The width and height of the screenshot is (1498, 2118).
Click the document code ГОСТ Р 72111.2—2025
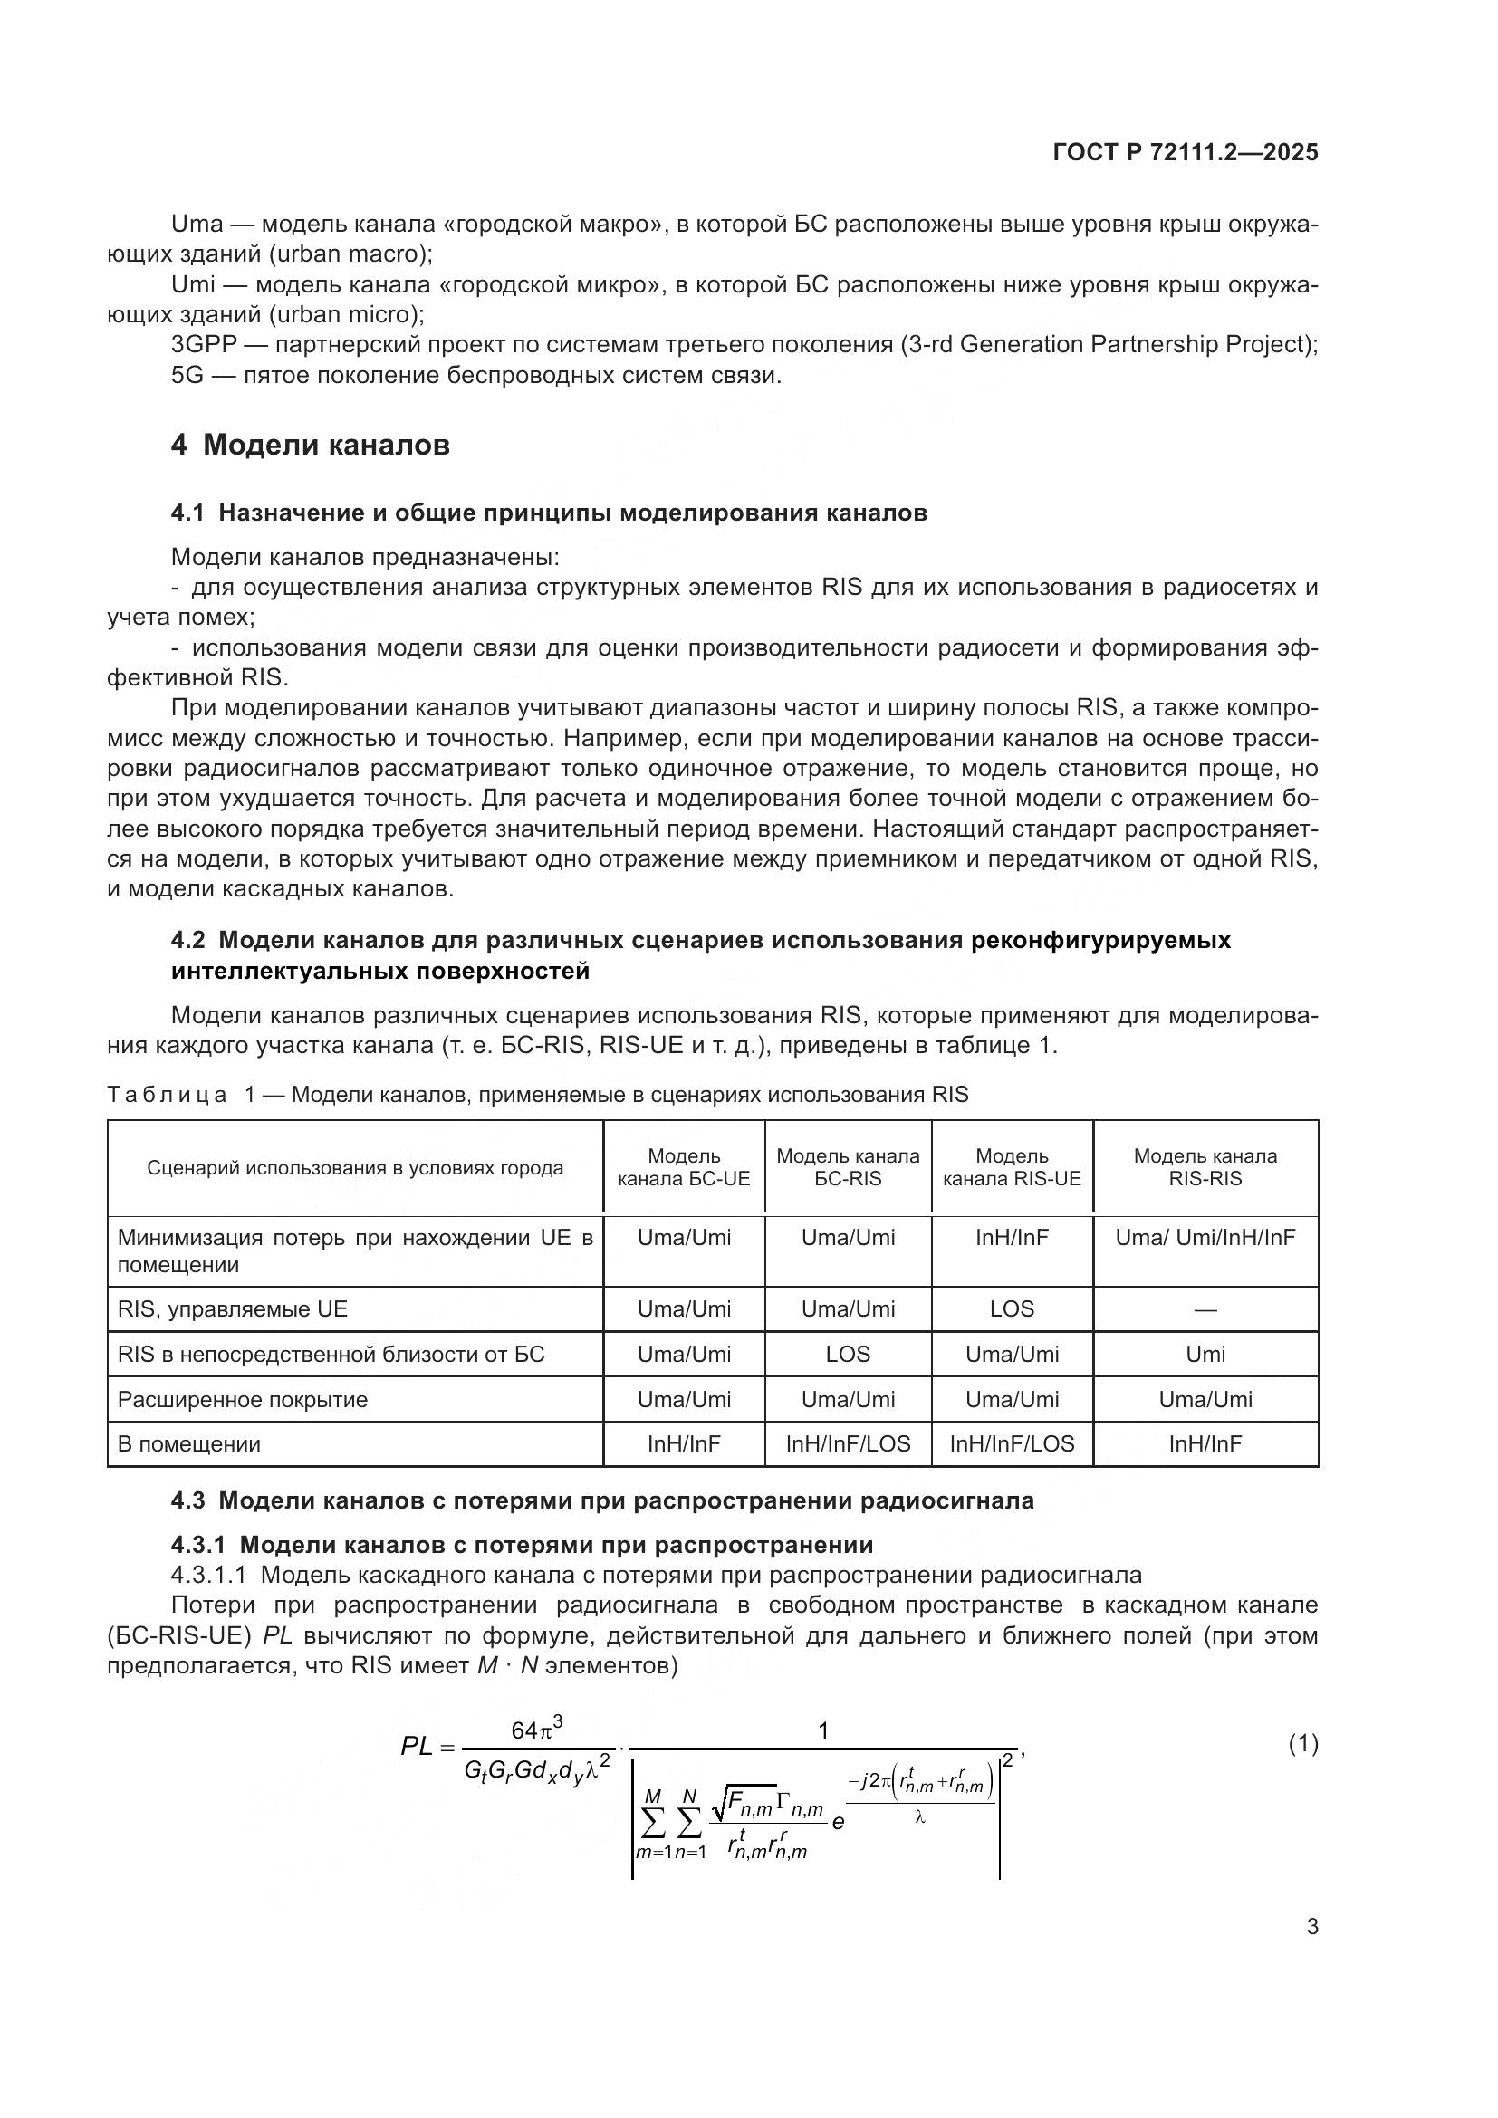(1185, 152)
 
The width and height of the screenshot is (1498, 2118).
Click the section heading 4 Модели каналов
(310, 445)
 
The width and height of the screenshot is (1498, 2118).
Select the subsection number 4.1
(187, 513)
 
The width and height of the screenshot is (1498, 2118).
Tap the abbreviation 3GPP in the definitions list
(204, 345)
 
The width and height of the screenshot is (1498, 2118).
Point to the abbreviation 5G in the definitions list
(187, 376)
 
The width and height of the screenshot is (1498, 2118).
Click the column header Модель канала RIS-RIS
(1205, 1167)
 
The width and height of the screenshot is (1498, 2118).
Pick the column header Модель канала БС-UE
(684, 1167)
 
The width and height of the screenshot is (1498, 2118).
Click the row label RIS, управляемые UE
(233, 1309)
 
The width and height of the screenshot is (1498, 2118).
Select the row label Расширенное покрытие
(243, 1399)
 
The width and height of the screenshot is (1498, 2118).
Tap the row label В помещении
(189, 1444)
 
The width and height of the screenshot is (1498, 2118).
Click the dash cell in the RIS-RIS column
(1205, 1310)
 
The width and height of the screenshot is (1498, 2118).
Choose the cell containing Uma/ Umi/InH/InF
(1205, 1237)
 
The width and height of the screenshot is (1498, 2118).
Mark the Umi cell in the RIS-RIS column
(1205, 1354)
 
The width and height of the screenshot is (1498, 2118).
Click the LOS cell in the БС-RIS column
(848, 1354)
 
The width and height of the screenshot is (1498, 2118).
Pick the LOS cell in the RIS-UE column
(1012, 1309)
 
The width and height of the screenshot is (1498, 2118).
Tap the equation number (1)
(1302, 1743)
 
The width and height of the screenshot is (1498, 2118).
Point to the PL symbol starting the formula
(417, 1746)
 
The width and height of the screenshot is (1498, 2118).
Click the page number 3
(1311, 1927)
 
